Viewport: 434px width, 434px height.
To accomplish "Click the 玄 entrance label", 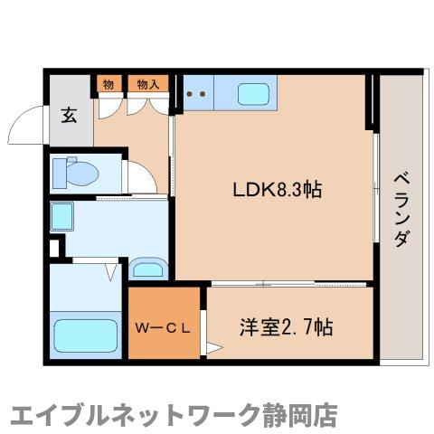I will click(69, 115).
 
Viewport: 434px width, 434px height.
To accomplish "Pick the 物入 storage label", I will click(146, 84).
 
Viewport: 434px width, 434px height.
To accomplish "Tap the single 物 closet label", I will click(108, 84).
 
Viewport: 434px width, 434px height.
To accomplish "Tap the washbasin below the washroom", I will click(146, 268).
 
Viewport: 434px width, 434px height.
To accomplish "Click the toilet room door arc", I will click(140, 176).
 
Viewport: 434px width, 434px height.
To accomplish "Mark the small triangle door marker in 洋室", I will click(213, 346).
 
